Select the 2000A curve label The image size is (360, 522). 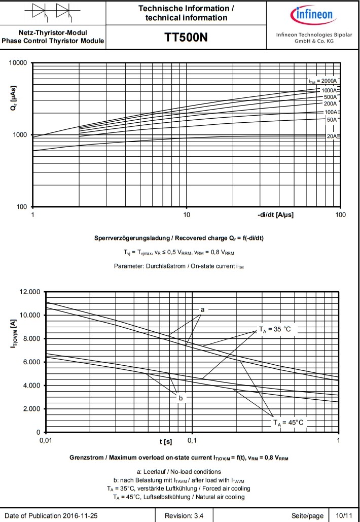(323, 81)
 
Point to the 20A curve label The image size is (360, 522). (332, 136)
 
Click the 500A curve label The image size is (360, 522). (330, 97)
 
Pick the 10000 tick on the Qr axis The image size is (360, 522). (18, 63)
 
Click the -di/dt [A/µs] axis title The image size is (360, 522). (275, 215)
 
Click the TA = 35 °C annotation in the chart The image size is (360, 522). (275, 330)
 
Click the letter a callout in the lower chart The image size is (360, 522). (202, 309)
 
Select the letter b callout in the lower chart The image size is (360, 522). (181, 398)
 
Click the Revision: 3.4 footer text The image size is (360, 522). (185, 516)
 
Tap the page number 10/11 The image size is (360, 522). (344, 516)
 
